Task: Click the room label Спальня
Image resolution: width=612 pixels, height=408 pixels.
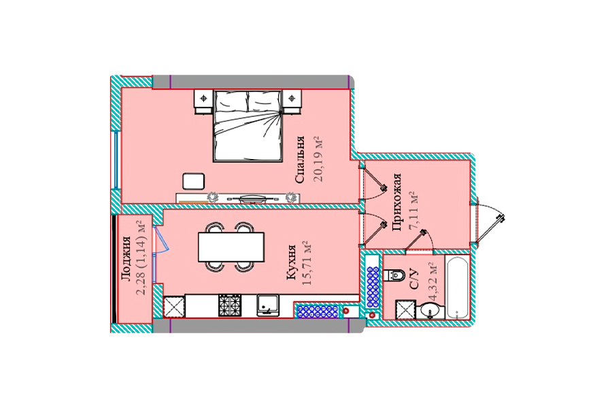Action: coord(300,160)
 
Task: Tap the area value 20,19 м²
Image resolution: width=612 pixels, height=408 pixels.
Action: coord(319,159)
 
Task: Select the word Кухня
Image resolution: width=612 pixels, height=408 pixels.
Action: coord(291,262)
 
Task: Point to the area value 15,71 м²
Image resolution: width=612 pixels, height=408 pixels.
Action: coord(307,263)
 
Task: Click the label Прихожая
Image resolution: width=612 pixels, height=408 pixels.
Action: coord(397,202)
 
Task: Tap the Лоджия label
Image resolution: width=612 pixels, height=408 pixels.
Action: coord(125,259)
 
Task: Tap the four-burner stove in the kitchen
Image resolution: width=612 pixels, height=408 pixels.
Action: coord(231,305)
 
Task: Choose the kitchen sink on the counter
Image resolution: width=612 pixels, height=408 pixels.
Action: coord(268,305)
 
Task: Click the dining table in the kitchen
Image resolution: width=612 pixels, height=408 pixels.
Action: coord(231,247)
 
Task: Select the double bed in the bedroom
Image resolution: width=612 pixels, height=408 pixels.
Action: coord(248,126)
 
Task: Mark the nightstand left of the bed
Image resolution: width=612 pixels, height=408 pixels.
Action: coord(204,101)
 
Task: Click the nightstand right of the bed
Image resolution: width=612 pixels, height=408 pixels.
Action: coord(292,101)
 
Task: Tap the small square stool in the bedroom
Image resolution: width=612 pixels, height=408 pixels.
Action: coord(194,182)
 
